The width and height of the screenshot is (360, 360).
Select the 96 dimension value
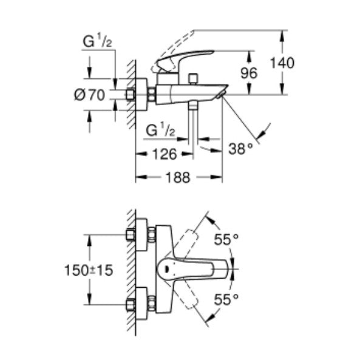250,72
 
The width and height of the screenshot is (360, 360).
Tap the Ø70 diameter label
92,95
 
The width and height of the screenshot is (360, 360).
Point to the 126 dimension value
163,154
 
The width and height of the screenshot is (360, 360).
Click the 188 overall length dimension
178,177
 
